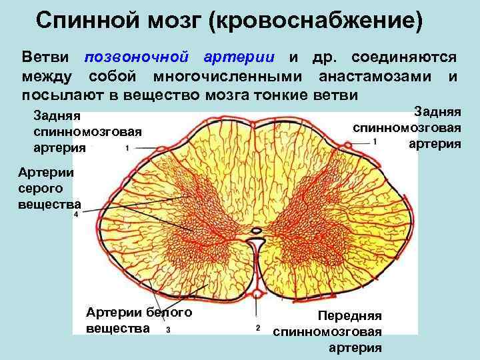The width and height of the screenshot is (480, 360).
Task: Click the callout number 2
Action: [257, 328]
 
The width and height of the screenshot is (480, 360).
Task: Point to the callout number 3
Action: [167, 329]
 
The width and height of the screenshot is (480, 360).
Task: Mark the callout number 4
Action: [77, 215]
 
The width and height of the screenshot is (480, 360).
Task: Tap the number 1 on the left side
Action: [127, 148]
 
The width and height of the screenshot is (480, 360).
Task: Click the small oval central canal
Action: [255, 233]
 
